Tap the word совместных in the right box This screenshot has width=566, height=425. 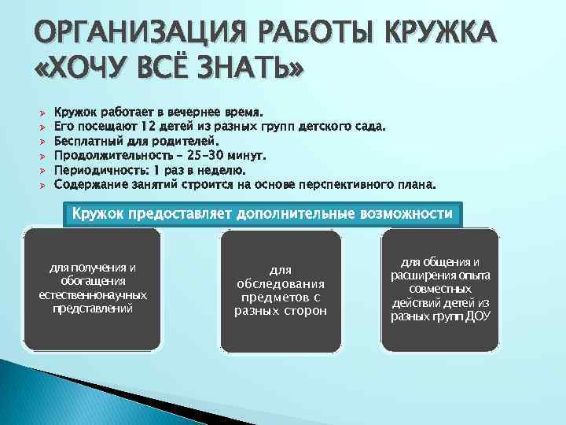(440, 289)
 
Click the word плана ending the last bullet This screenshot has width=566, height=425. (414, 185)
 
